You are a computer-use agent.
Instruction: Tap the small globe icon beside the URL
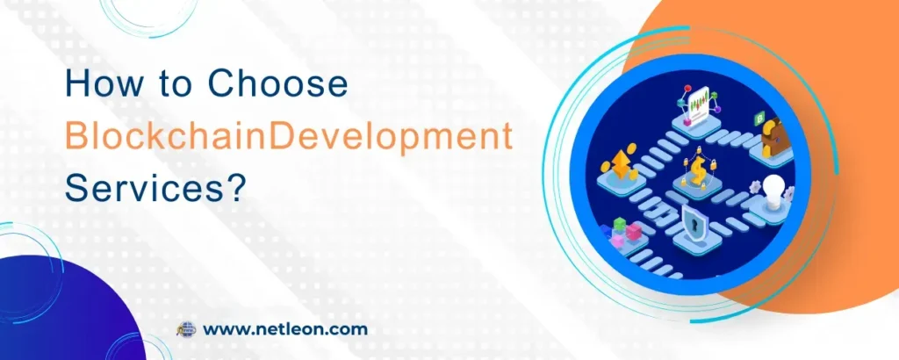click(x=186, y=330)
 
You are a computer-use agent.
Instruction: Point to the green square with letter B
click(x=760, y=118)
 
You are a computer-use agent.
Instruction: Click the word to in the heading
click(x=170, y=85)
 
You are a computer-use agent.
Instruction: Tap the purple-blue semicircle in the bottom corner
click(x=61, y=316)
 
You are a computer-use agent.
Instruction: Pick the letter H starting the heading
click(x=77, y=85)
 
